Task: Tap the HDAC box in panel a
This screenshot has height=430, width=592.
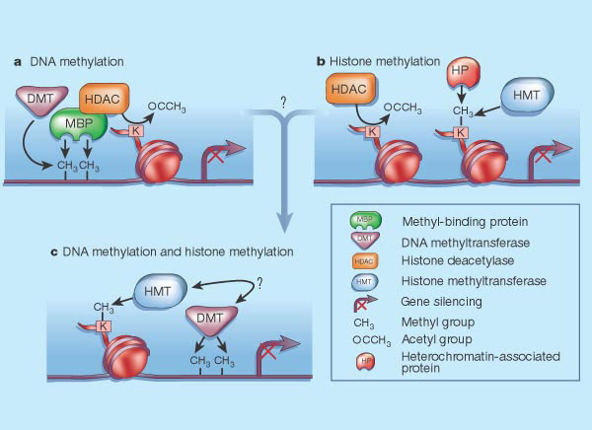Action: click(x=105, y=98)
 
